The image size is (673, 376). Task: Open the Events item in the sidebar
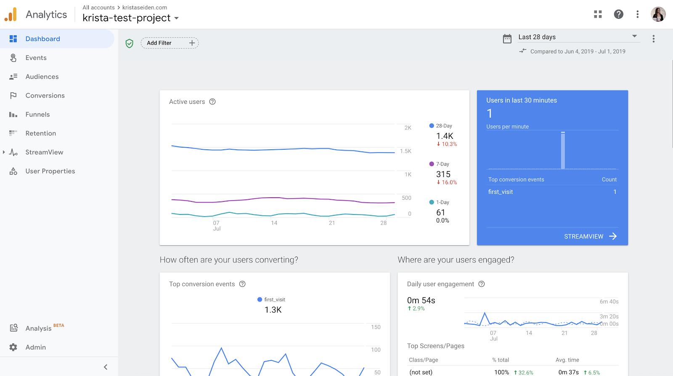[36, 58]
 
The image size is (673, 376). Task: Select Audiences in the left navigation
[42, 77]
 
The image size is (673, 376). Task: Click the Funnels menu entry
[37, 114]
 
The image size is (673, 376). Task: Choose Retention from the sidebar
[40, 133]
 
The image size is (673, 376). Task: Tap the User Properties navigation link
[50, 171]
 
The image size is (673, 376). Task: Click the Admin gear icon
[13, 347]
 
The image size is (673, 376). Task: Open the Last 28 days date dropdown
[578, 37]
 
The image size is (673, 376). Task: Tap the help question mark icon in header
[618, 14]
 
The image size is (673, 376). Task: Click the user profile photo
[658, 14]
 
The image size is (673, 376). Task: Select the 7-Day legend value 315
[443, 174]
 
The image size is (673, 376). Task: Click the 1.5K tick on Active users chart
[405, 151]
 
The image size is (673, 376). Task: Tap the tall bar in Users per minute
[563, 151]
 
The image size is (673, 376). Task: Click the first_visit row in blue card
[552, 192]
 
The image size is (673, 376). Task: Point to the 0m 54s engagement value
[421, 300]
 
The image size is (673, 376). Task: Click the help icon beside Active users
[212, 102]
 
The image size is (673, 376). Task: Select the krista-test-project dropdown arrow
[177, 18]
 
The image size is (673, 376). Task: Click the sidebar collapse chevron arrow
[106, 367]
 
